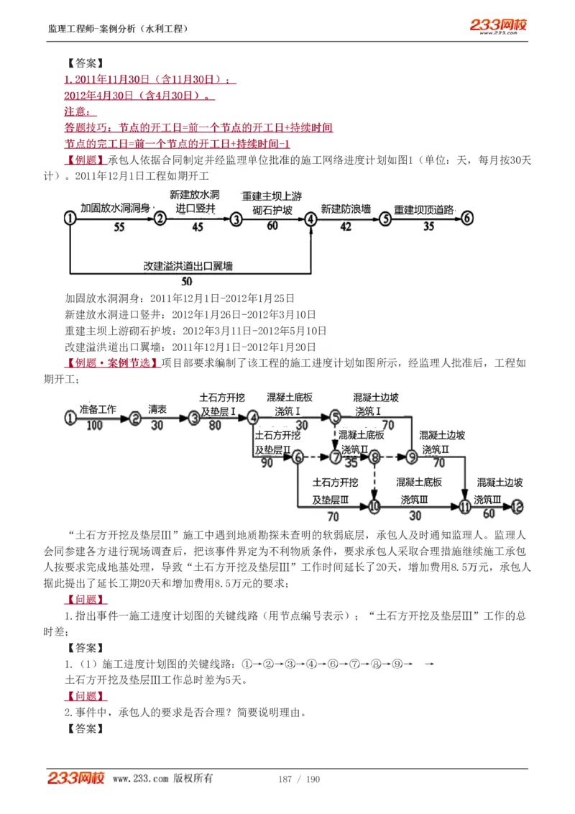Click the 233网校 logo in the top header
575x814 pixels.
click(x=498, y=26)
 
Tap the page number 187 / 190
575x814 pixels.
click(x=298, y=779)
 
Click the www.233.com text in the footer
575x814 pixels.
click(x=141, y=779)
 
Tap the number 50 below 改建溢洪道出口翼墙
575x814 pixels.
click(x=186, y=280)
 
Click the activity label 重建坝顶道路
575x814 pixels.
click(x=424, y=209)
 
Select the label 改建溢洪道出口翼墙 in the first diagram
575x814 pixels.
click(x=188, y=265)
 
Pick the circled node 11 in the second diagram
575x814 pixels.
click(x=465, y=507)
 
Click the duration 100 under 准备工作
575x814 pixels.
click(x=96, y=425)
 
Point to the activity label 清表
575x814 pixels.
click(x=157, y=409)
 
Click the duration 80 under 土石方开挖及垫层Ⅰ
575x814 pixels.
click(x=215, y=425)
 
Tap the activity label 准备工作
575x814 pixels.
click(x=97, y=409)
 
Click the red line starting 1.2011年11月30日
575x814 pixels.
click(x=149, y=79)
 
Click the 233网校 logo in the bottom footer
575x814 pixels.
click(x=76, y=778)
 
